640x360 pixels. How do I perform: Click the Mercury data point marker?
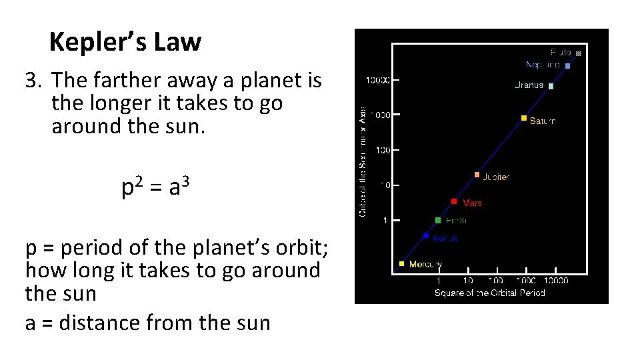401,264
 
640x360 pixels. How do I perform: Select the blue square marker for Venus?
426,235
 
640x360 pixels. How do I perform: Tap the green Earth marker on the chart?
438,220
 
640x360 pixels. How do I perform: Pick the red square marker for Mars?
454,201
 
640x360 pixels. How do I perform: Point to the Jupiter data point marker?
477,175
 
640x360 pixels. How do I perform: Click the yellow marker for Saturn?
524,118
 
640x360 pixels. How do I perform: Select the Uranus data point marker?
551,86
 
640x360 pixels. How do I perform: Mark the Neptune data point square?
567,66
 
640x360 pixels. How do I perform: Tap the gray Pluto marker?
579,53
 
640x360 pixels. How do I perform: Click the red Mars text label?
472,203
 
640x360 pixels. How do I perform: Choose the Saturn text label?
542,121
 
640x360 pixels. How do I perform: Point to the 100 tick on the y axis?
382,150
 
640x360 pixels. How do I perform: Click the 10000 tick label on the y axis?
377,80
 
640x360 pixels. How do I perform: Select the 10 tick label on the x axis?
468,281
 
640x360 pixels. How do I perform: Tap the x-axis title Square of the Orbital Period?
489,293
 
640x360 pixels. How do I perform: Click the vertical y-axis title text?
363,161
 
